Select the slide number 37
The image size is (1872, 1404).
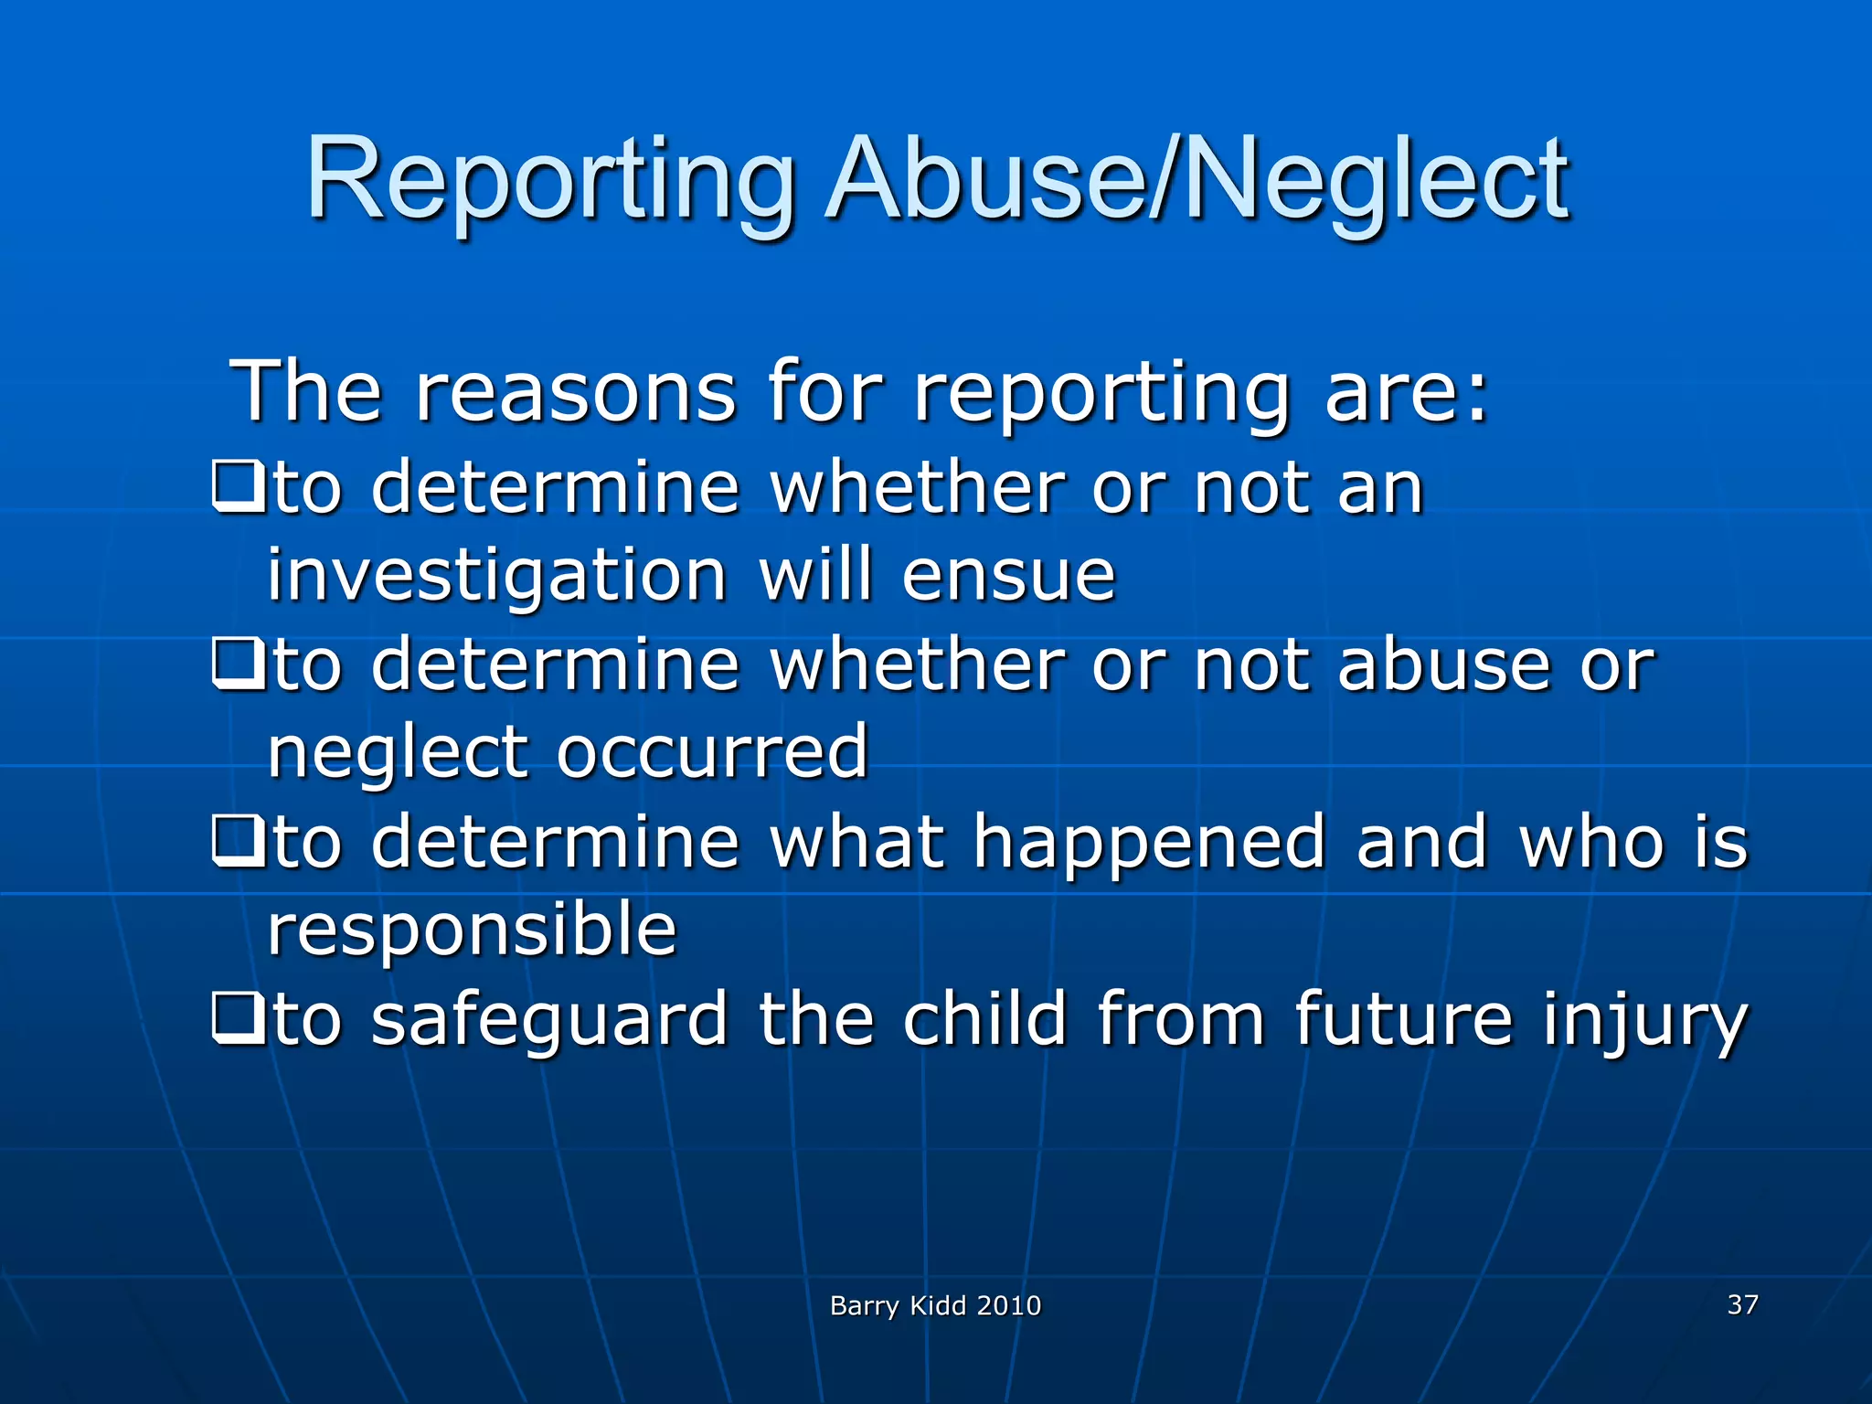(1742, 1303)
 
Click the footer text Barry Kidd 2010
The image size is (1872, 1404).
(935, 1305)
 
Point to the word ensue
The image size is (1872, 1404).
(1008, 576)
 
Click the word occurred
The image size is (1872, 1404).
(712, 752)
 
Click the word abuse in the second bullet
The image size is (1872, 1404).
(1443, 665)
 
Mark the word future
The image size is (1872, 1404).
(1403, 1019)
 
